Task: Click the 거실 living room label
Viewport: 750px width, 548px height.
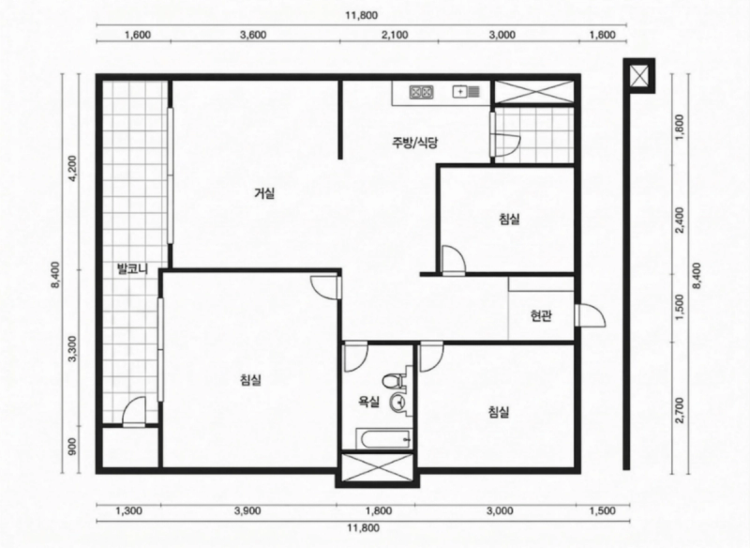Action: click(264, 194)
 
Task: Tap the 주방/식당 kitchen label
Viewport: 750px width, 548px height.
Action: click(414, 142)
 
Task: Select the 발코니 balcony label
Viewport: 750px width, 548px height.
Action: click(132, 269)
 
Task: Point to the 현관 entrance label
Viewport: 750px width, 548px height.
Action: click(541, 316)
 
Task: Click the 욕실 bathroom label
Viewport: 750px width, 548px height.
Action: click(368, 402)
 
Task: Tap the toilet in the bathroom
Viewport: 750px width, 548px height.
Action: click(391, 380)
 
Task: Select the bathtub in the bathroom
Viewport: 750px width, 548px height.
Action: click(383, 439)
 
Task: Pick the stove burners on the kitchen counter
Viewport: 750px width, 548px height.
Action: click(421, 92)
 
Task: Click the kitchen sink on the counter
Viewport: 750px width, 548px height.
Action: click(466, 91)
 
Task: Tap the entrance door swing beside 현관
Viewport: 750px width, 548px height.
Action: click(591, 316)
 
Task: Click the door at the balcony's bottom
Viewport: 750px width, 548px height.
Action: click(134, 412)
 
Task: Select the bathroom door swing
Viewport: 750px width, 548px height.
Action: click(356, 357)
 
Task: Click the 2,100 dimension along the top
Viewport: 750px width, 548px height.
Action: click(396, 36)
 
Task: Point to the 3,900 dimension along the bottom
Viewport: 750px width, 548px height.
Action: click(247, 511)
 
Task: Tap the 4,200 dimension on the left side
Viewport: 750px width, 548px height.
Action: click(72, 169)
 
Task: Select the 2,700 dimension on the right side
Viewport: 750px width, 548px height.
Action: click(681, 411)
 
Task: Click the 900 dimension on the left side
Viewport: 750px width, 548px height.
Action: click(72, 448)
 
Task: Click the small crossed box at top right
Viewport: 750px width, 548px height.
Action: click(639, 76)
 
